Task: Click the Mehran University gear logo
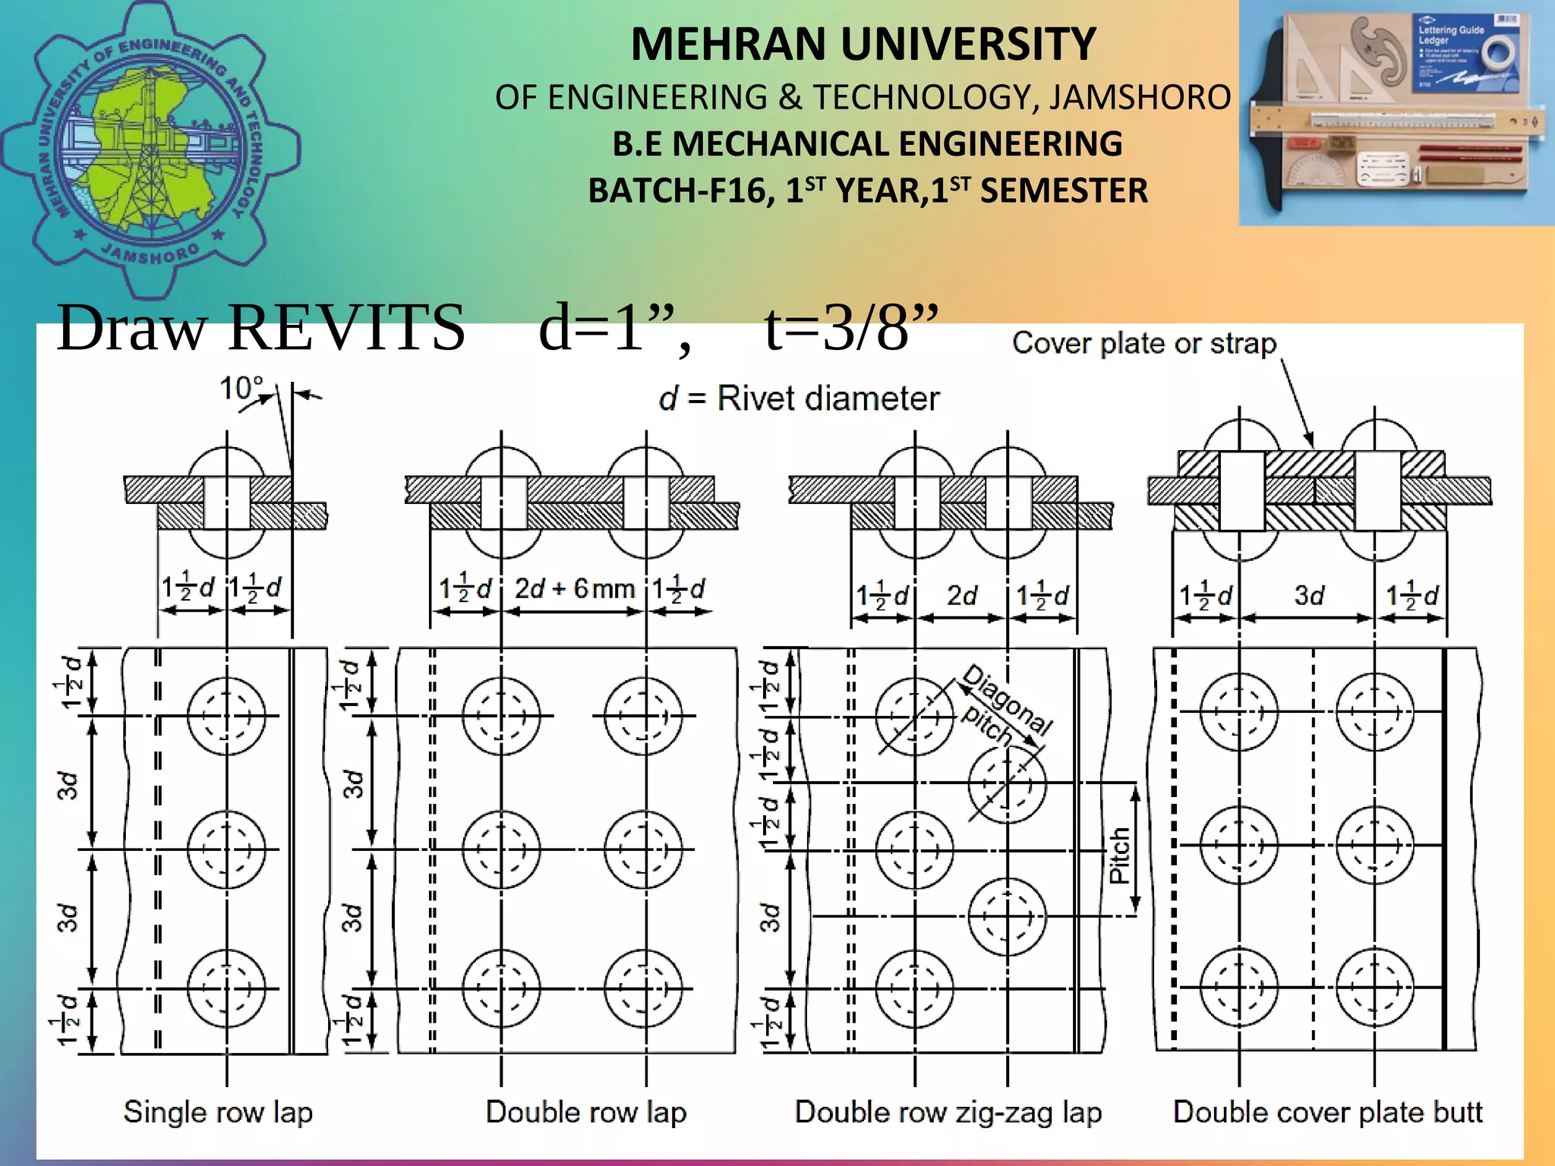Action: pyautogui.click(x=150, y=148)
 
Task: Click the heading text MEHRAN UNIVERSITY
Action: pyautogui.click(x=863, y=44)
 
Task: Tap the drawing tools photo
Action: pyautogui.click(x=1396, y=114)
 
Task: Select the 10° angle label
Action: pyautogui.click(x=241, y=389)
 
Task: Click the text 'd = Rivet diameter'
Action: pyautogui.click(x=799, y=399)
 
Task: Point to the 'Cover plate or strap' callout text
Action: pyautogui.click(x=1144, y=344)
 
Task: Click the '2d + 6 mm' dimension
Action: pyautogui.click(x=574, y=588)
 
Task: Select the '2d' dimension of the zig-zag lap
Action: pyautogui.click(x=961, y=596)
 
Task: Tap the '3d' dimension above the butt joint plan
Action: pyautogui.click(x=1308, y=596)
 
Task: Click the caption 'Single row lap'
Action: pyautogui.click(x=218, y=1112)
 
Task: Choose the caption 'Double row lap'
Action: pyautogui.click(x=586, y=1112)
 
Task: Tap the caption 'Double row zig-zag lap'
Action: pyautogui.click(x=948, y=1112)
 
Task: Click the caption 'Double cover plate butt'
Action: pyautogui.click(x=1327, y=1112)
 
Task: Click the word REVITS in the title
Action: pyautogui.click(x=346, y=328)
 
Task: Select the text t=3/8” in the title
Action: pyautogui.click(x=852, y=328)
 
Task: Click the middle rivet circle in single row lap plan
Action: pyautogui.click(x=226, y=849)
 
